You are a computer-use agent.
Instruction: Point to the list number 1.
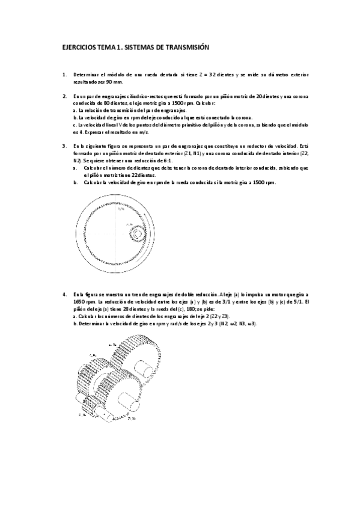pos(64,75)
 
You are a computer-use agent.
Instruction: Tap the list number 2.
pos(64,96)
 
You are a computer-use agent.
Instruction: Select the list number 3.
pos(64,146)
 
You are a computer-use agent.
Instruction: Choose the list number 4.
pos(64,294)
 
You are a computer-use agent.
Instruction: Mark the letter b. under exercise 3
pos(75,182)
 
